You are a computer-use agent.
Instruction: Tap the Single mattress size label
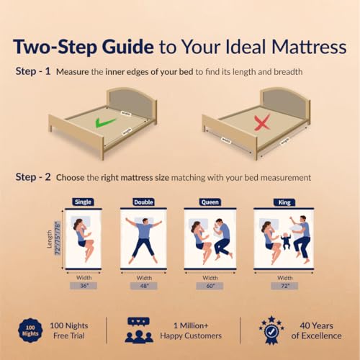click(x=82, y=203)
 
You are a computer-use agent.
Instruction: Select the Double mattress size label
click(x=144, y=203)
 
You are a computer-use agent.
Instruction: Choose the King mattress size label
click(x=282, y=203)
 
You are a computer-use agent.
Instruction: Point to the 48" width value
click(x=144, y=286)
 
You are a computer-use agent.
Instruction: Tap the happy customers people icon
click(x=139, y=329)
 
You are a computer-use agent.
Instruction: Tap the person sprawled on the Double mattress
click(x=144, y=240)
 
